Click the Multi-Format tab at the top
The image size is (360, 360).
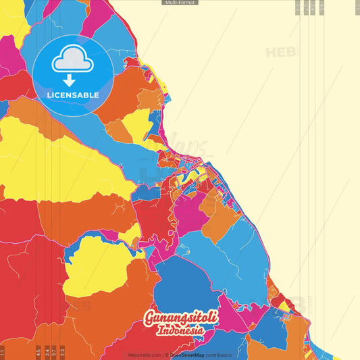pyautogui.click(x=180, y=3)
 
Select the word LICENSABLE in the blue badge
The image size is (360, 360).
pyautogui.click(x=73, y=95)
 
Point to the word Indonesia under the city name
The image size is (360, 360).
pyautogui.click(x=180, y=332)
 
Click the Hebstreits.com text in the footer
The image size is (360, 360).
pyautogui.click(x=145, y=355)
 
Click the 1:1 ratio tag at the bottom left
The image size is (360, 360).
pyautogui.click(x=3, y=351)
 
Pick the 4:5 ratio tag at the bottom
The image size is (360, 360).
pyautogui.click(x=38, y=351)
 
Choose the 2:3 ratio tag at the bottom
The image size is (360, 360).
pyautogui.click(x=62, y=351)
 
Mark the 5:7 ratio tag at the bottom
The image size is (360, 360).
pyautogui.click(x=54, y=351)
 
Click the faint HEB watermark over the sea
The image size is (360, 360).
pyautogui.click(x=279, y=52)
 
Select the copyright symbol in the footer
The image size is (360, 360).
pyautogui.click(x=166, y=355)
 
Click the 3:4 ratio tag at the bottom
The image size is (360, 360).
pyautogui.click(x=47, y=351)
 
